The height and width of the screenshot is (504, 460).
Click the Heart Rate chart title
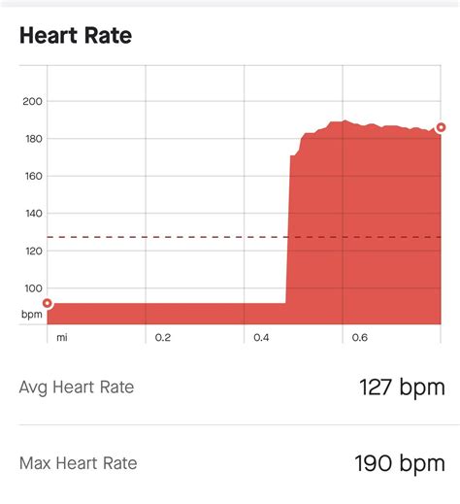[76, 36]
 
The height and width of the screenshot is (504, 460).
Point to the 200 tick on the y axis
[31, 102]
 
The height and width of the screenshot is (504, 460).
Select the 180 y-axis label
[31, 139]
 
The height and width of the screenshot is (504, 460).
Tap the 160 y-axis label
[31, 177]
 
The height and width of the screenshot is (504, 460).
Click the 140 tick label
[31, 214]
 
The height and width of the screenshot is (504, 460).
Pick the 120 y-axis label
[31, 252]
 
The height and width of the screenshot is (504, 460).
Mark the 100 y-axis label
[31, 288]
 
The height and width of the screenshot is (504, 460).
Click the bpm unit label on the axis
[31, 315]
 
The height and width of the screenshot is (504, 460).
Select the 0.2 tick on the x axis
[163, 338]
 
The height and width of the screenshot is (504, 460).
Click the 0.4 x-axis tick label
[261, 338]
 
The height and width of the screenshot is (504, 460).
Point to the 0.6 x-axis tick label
[360, 338]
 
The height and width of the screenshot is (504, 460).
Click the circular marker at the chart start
[48, 303]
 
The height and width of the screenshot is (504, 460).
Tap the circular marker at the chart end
[441, 127]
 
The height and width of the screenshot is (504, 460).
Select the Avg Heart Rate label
[77, 387]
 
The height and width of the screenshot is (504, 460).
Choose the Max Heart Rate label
[78, 463]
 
